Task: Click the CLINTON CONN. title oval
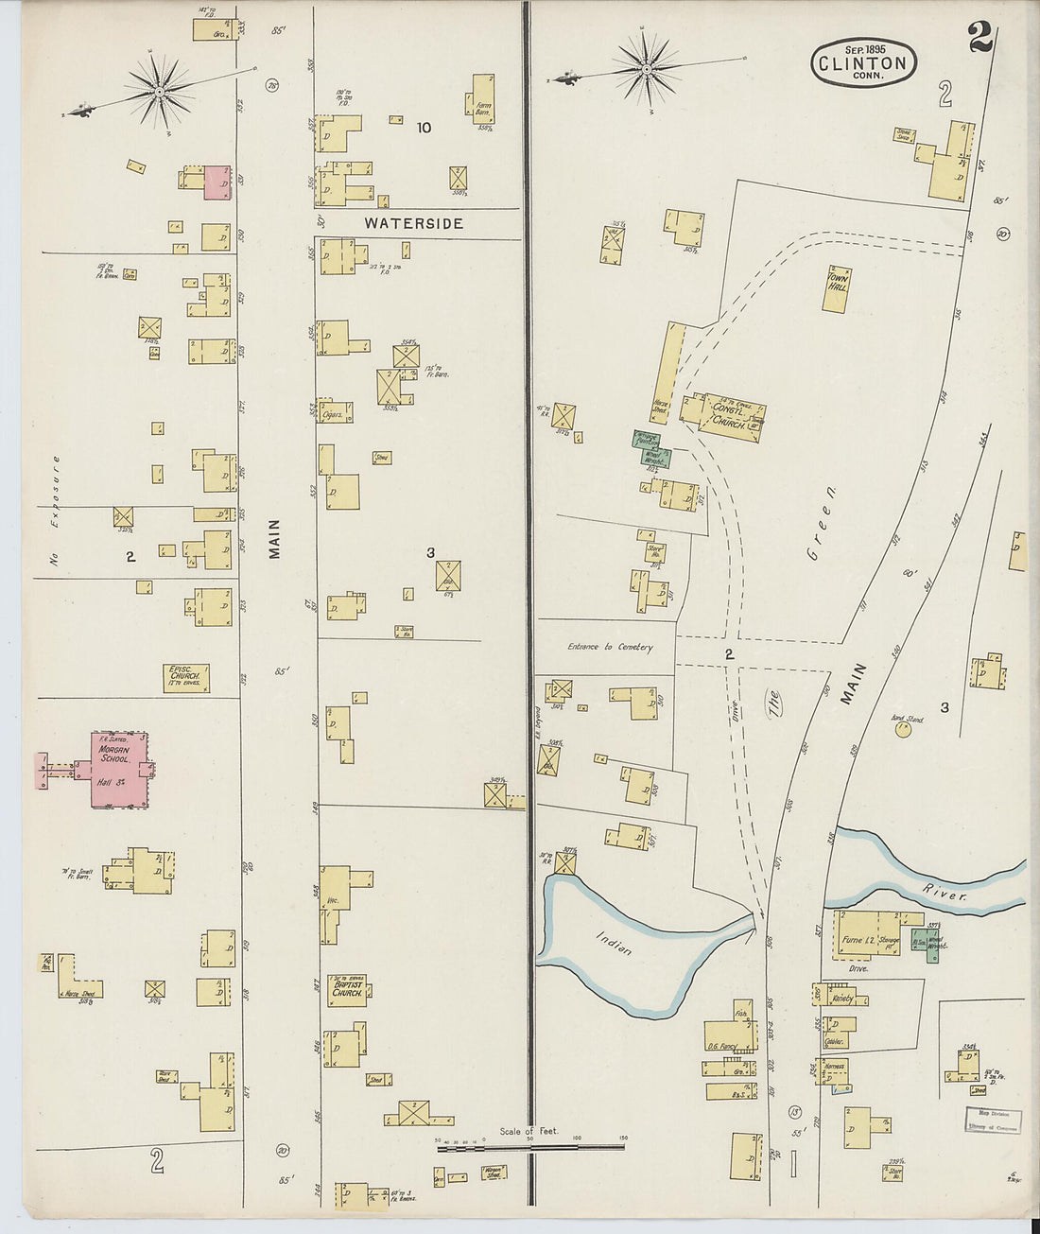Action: click(863, 63)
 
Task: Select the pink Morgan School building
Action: click(117, 768)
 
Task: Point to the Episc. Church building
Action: click(185, 677)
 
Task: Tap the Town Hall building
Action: click(836, 289)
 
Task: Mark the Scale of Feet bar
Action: click(529, 1146)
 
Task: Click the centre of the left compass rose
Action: click(160, 92)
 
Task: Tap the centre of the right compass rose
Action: click(647, 69)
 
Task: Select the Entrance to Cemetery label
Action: click(610, 647)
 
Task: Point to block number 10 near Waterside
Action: click(423, 128)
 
